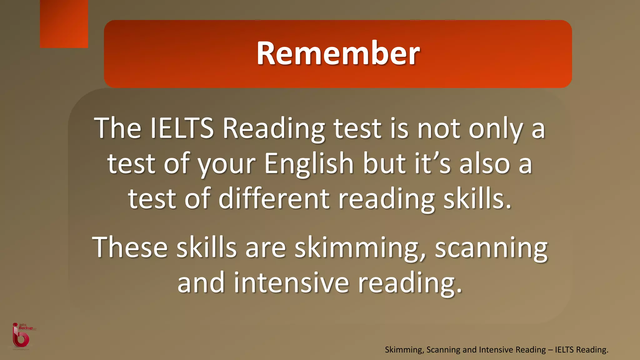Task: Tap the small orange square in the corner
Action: click(x=64, y=24)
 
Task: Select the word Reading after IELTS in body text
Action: click(x=273, y=129)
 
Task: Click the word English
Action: click(x=309, y=164)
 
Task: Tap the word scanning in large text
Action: click(x=491, y=247)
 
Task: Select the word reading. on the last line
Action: click(x=410, y=283)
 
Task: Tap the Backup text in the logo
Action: click(x=26, y=328)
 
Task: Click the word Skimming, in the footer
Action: click(x=404, y=350)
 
